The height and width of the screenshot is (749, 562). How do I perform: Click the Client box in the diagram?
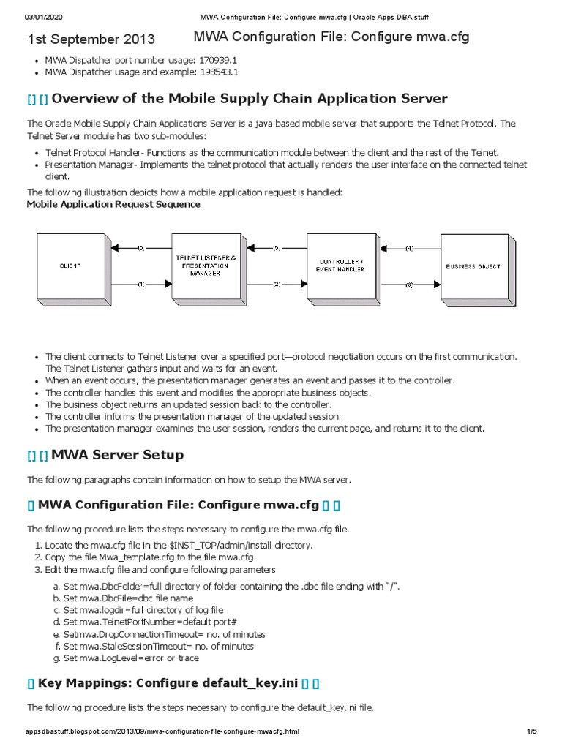click(x=70, y=266)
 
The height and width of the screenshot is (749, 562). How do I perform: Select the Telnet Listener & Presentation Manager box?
click(x=206, y=266)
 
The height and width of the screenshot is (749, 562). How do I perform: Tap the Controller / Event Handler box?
click(x=340, y=266)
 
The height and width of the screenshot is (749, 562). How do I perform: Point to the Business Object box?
click(x=474, y=266)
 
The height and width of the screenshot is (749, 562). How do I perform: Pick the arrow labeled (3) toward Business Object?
click(x=410, y=283)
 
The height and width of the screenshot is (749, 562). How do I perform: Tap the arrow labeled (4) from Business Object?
click(x=410, y=249)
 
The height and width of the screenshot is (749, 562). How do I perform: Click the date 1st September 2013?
click(x=91, y=39)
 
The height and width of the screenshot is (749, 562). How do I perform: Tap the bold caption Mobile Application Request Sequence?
click(x=113, y=204)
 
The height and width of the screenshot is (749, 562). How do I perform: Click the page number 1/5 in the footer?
click(x=531, y=731)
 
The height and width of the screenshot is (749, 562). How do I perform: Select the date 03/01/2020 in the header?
click(x=45, y=16)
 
